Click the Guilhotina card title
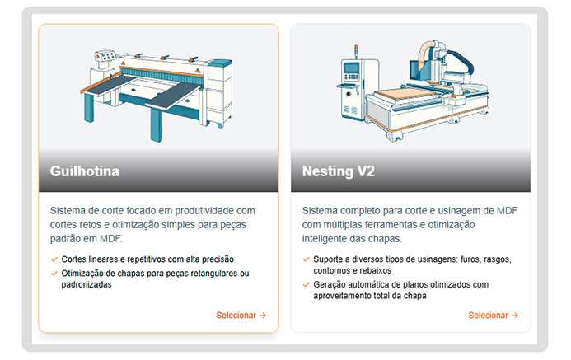[85, 171]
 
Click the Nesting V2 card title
[339, 171]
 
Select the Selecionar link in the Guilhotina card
[241, 316]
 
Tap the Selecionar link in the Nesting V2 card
[493, 316]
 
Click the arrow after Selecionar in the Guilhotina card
[263, 316]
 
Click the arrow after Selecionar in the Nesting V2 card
[515, 316]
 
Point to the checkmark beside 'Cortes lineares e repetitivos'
[54, 259]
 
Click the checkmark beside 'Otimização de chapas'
[54, 274]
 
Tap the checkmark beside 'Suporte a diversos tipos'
[307, 259]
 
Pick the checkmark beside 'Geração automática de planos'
[307, 285]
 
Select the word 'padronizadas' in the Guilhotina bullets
[87, 285]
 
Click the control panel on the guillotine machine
[105, 56]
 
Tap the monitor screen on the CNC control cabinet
[351, 68]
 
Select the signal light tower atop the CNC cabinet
[356, 51]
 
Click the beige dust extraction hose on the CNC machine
[425, 54]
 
